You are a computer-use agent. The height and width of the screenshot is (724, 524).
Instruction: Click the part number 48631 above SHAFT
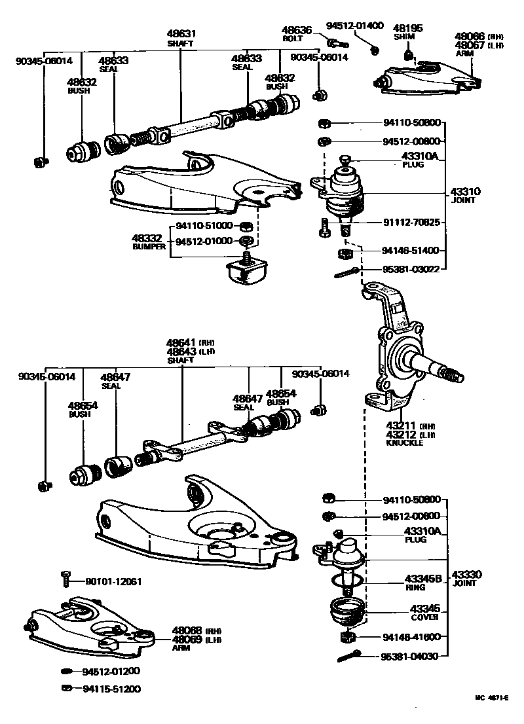(x=181, y=33)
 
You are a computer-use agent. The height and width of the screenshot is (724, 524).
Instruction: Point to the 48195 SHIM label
(x=407, y=32)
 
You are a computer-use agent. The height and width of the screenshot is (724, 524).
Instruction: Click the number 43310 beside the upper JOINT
(x=465, y=192)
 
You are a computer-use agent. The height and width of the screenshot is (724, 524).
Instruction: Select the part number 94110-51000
(x=204, y=226)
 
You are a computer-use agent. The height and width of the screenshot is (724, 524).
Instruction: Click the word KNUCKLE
(x=405, y=443)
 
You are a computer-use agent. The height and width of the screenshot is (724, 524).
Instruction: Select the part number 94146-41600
(x=411, y=637)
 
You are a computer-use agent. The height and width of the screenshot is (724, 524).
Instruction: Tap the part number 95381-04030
(x=411, y=657)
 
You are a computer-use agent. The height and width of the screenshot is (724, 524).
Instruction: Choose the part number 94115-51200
(x=111, y=689)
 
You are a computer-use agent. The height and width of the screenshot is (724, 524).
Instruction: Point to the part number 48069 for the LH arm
(x=187, y=639)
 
